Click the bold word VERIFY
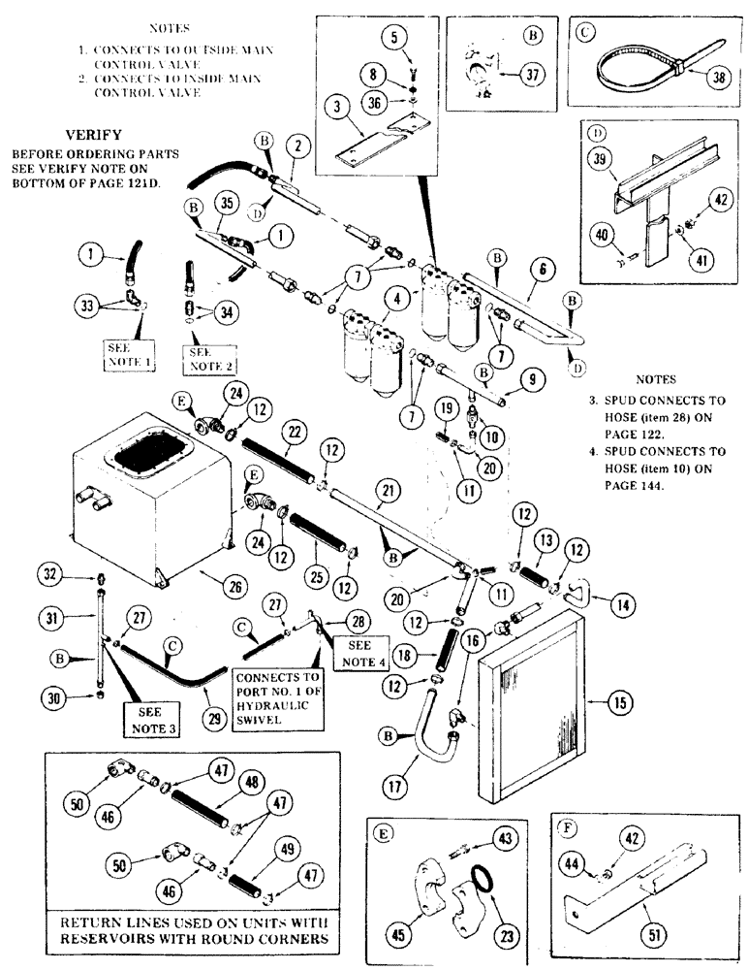pos(94,135)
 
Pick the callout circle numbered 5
pos(392,39)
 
